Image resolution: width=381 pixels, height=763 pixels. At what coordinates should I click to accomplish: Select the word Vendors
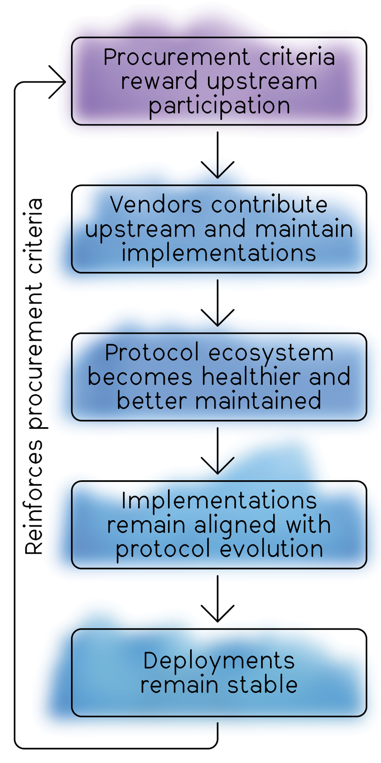pos(156,205)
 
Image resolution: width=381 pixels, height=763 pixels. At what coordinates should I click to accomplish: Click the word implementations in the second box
pos(219,253)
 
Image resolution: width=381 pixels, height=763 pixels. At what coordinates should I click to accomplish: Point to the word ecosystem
pos(271,353)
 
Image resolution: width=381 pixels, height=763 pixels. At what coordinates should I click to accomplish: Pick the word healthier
pos(251,377)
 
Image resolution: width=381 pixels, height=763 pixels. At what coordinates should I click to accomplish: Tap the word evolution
pos(271,549)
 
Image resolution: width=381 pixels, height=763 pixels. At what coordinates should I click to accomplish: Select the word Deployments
pos(219,661)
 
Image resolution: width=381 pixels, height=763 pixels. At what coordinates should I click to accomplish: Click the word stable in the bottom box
pos(262,685)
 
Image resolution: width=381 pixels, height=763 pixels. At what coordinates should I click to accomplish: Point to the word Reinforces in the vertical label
pos(34,497)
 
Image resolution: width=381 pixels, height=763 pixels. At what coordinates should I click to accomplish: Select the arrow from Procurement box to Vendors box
pos(217,155)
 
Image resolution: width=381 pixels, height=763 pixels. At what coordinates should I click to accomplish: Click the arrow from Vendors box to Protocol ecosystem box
pos(217,303)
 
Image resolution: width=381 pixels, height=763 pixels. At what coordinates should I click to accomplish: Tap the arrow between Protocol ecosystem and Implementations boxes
pos(217,450)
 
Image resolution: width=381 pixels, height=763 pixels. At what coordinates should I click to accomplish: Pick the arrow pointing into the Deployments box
pos(217,599)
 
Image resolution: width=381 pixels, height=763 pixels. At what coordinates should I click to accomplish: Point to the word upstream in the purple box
pos(262,82)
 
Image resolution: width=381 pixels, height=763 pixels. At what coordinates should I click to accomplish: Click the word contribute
pos(269,205)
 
